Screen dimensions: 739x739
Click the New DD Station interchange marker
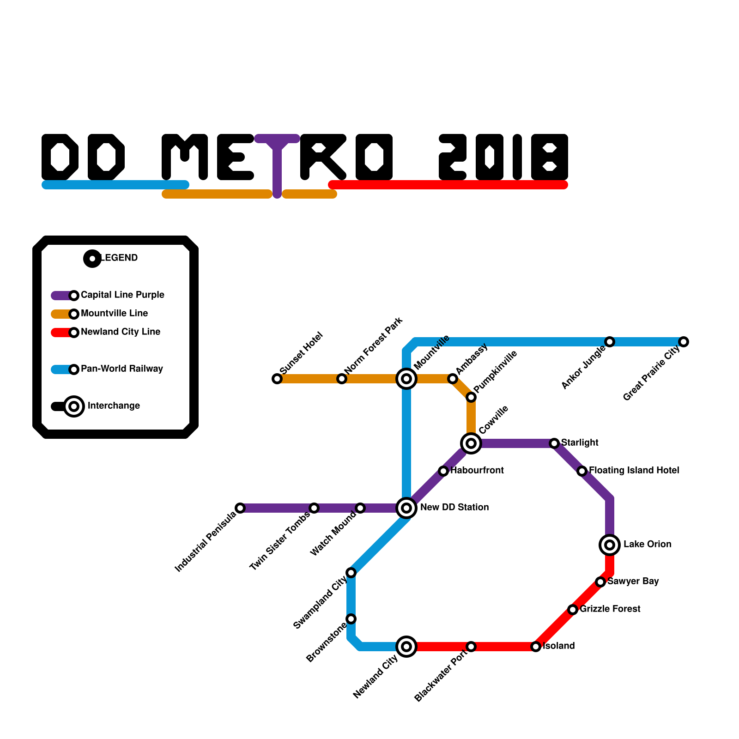click(x=406, y=508)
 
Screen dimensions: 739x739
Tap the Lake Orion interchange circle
click(x=610, y=545)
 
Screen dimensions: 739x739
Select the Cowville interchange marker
click(x=471, y=443)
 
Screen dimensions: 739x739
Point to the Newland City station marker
click(x=406, y=647)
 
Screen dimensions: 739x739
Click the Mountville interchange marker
click(x=406, y=379)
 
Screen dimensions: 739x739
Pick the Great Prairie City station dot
click(x=684, y=342)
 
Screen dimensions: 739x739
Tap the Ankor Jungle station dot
click(x=610, y=342)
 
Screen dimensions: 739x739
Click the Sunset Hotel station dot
click(x=277, y=379)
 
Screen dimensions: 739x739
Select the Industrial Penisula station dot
click(x=240, y=508)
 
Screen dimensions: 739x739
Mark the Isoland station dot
click(x=536, y=647)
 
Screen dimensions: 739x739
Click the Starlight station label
click(x=580, y=442)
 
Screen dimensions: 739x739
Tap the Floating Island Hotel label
click(x=634, y=470)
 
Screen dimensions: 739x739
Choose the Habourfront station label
click(x=477, y=470)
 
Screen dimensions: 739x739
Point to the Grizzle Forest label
click(x=610, y=609)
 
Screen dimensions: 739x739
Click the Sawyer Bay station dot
click(x=600, y=582)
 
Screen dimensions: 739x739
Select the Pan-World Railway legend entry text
click(x=122, y=369)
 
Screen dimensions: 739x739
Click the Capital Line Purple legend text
click(x=122, y=295)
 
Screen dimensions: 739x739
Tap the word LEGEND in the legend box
click(x=119, y=258)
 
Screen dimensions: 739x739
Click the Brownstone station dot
click(x=351, y=619)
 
